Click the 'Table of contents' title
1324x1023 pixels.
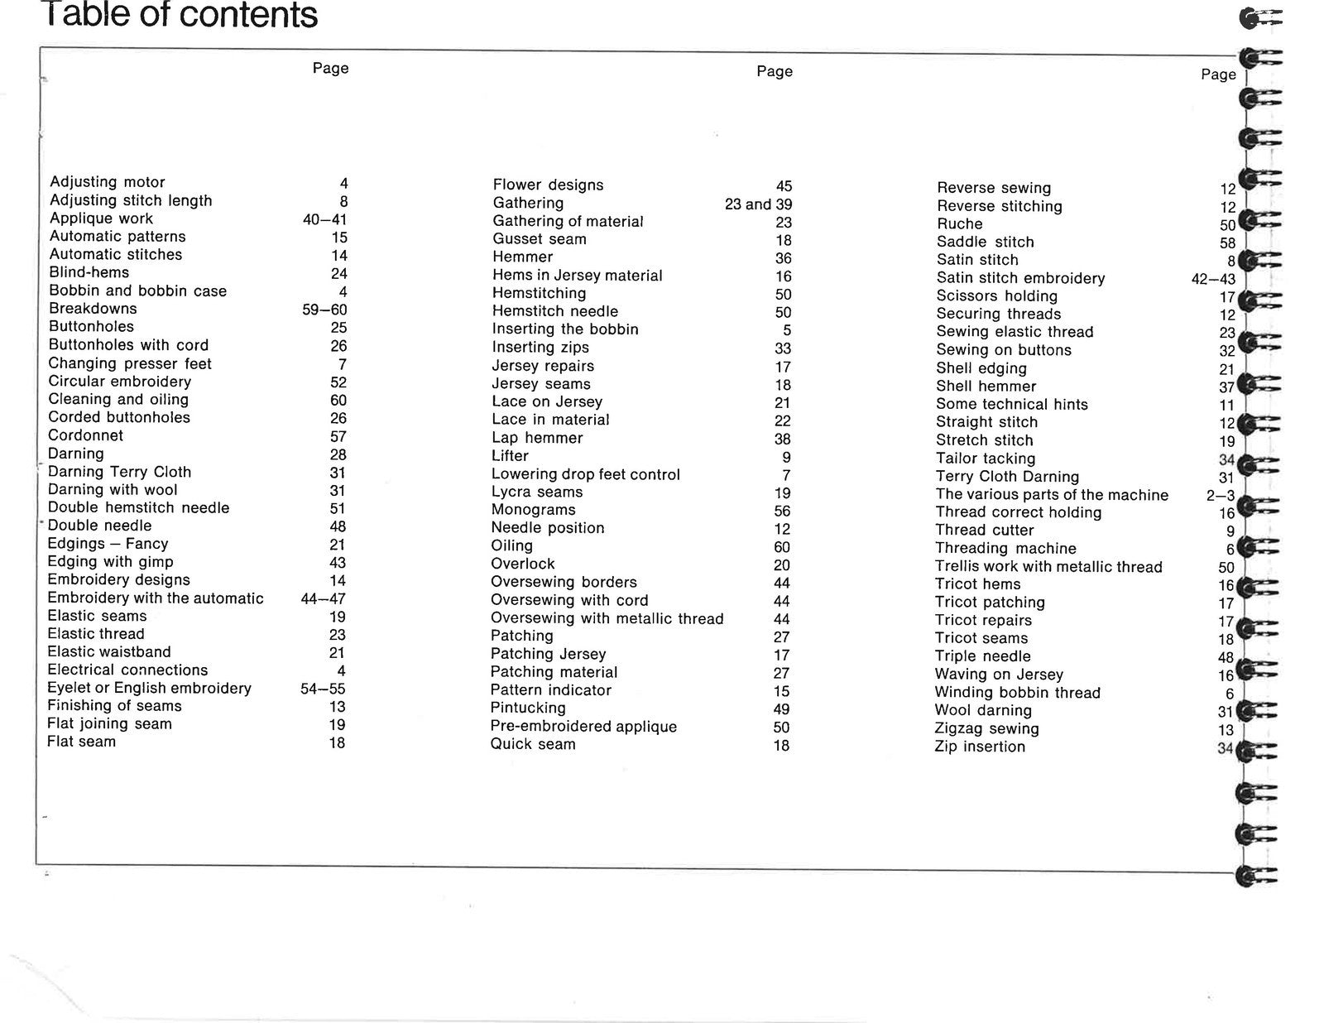tap(179, 15)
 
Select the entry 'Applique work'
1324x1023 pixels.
tap(101, 219)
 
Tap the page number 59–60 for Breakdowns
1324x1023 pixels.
tap(324, 310)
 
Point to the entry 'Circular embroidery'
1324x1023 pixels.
tap(119, 382)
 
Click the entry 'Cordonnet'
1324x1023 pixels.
tap(85, 435)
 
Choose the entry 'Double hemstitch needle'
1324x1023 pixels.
tap(138, 508)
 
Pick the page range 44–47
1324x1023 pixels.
tap(323, 598)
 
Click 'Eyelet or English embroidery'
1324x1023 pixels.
tap(149, 688)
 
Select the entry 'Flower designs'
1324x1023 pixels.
tap(548, 185)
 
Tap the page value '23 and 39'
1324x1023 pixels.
tap(758, 204)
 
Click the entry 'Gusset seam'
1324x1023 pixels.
tap(539, 239)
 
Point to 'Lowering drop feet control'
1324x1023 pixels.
tap(585, 474)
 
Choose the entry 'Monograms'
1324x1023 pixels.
tap(533, 510)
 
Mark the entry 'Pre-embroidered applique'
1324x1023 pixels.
tap(583, 727)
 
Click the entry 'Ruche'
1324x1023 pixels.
tap(959, 224)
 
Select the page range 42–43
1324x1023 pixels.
tap(1213, 279)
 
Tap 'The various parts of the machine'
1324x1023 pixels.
tap(1052, 495)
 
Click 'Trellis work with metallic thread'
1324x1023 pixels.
tap(1048, 567)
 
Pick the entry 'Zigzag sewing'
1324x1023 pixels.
tap(986, 728)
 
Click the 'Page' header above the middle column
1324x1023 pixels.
tap(775, 71)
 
